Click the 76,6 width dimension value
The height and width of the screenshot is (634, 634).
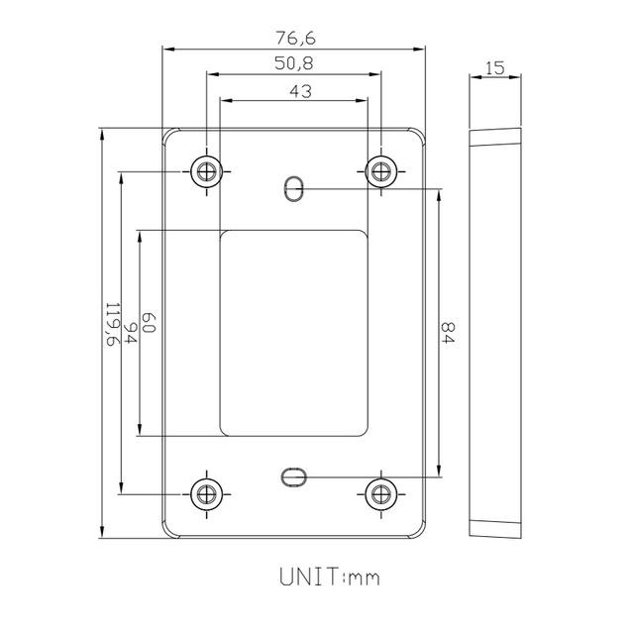tap(295, 38)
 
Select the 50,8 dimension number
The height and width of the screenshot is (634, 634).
tap(295, 63)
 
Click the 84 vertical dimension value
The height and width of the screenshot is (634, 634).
tap(448, 332)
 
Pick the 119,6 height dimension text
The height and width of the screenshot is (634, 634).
tap(111, 324)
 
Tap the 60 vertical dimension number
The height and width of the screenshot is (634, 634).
tap(150, 322)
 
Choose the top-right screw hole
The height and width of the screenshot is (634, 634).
tap(379, 170)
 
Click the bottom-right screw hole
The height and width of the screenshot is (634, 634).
tap(379, 492)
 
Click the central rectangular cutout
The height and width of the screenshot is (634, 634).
tap(293, 332)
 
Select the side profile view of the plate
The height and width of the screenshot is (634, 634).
tap(495, 332)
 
